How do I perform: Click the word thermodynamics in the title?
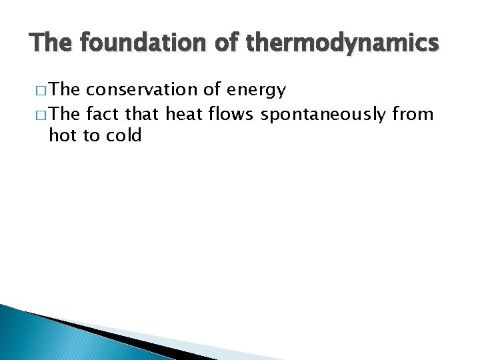343,44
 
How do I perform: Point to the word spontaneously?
323,115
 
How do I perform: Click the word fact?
102,115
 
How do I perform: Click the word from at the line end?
413,115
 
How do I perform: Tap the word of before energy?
220,90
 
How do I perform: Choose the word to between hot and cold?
89,136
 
